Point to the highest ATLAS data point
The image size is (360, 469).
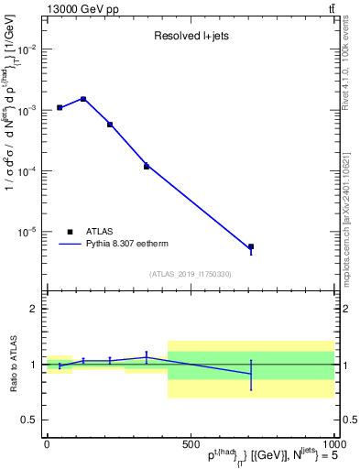coord(83,99)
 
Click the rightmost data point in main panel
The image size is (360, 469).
coord(250,247)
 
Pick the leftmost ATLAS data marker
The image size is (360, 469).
coord(60,107)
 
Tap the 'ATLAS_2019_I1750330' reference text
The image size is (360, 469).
coord(190,274)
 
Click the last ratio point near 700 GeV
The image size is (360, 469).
coord(250,374)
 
